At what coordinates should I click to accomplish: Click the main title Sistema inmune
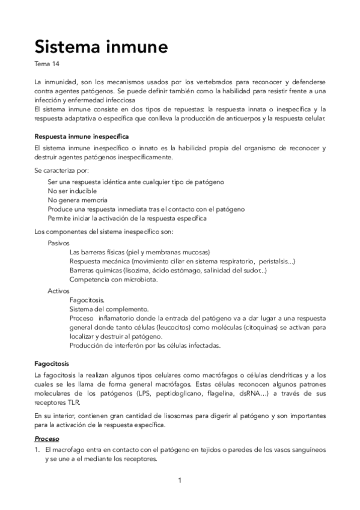(100, 46)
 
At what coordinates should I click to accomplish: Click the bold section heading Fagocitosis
(52, 364)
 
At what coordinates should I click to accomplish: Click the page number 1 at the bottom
(180, 480)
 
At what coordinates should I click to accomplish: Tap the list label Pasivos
(58, 243)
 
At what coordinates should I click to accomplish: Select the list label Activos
(58, 290)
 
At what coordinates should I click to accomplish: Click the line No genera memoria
(78, 200)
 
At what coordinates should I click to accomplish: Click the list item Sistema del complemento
(108, 309)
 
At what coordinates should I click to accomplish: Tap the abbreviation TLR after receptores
(71, 402)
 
